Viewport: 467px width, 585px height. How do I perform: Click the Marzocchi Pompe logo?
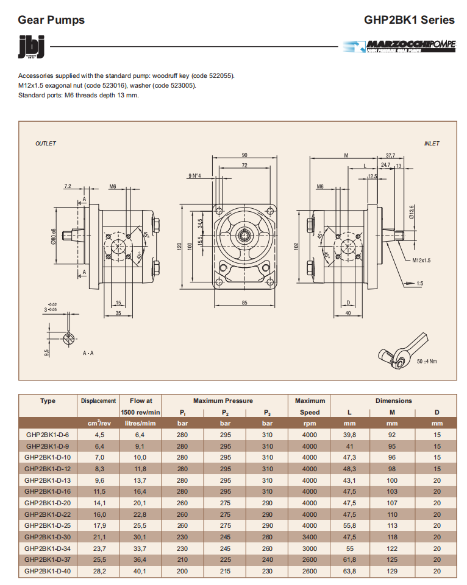399,46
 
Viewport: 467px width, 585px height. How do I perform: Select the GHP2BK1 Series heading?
409,20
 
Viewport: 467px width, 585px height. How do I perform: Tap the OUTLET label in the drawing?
46,144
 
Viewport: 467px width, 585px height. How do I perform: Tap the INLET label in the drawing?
432,144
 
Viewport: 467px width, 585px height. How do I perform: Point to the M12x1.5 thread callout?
421,260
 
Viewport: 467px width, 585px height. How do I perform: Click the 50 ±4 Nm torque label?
427,361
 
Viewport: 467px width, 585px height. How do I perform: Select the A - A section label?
88,352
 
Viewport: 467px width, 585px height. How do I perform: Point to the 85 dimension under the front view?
244,303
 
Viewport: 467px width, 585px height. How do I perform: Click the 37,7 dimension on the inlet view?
390,155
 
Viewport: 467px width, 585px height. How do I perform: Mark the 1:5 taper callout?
420,283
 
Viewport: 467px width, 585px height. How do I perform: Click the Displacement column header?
98,401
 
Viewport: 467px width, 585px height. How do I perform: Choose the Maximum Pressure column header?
223,401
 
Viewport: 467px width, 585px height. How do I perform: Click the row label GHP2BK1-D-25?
48,525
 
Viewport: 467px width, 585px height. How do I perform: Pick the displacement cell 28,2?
98,571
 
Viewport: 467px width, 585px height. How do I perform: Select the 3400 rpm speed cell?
310,537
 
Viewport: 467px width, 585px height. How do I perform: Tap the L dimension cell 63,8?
350,571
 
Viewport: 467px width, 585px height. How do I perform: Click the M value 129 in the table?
392,571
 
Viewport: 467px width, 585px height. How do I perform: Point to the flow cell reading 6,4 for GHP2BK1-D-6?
141,435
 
